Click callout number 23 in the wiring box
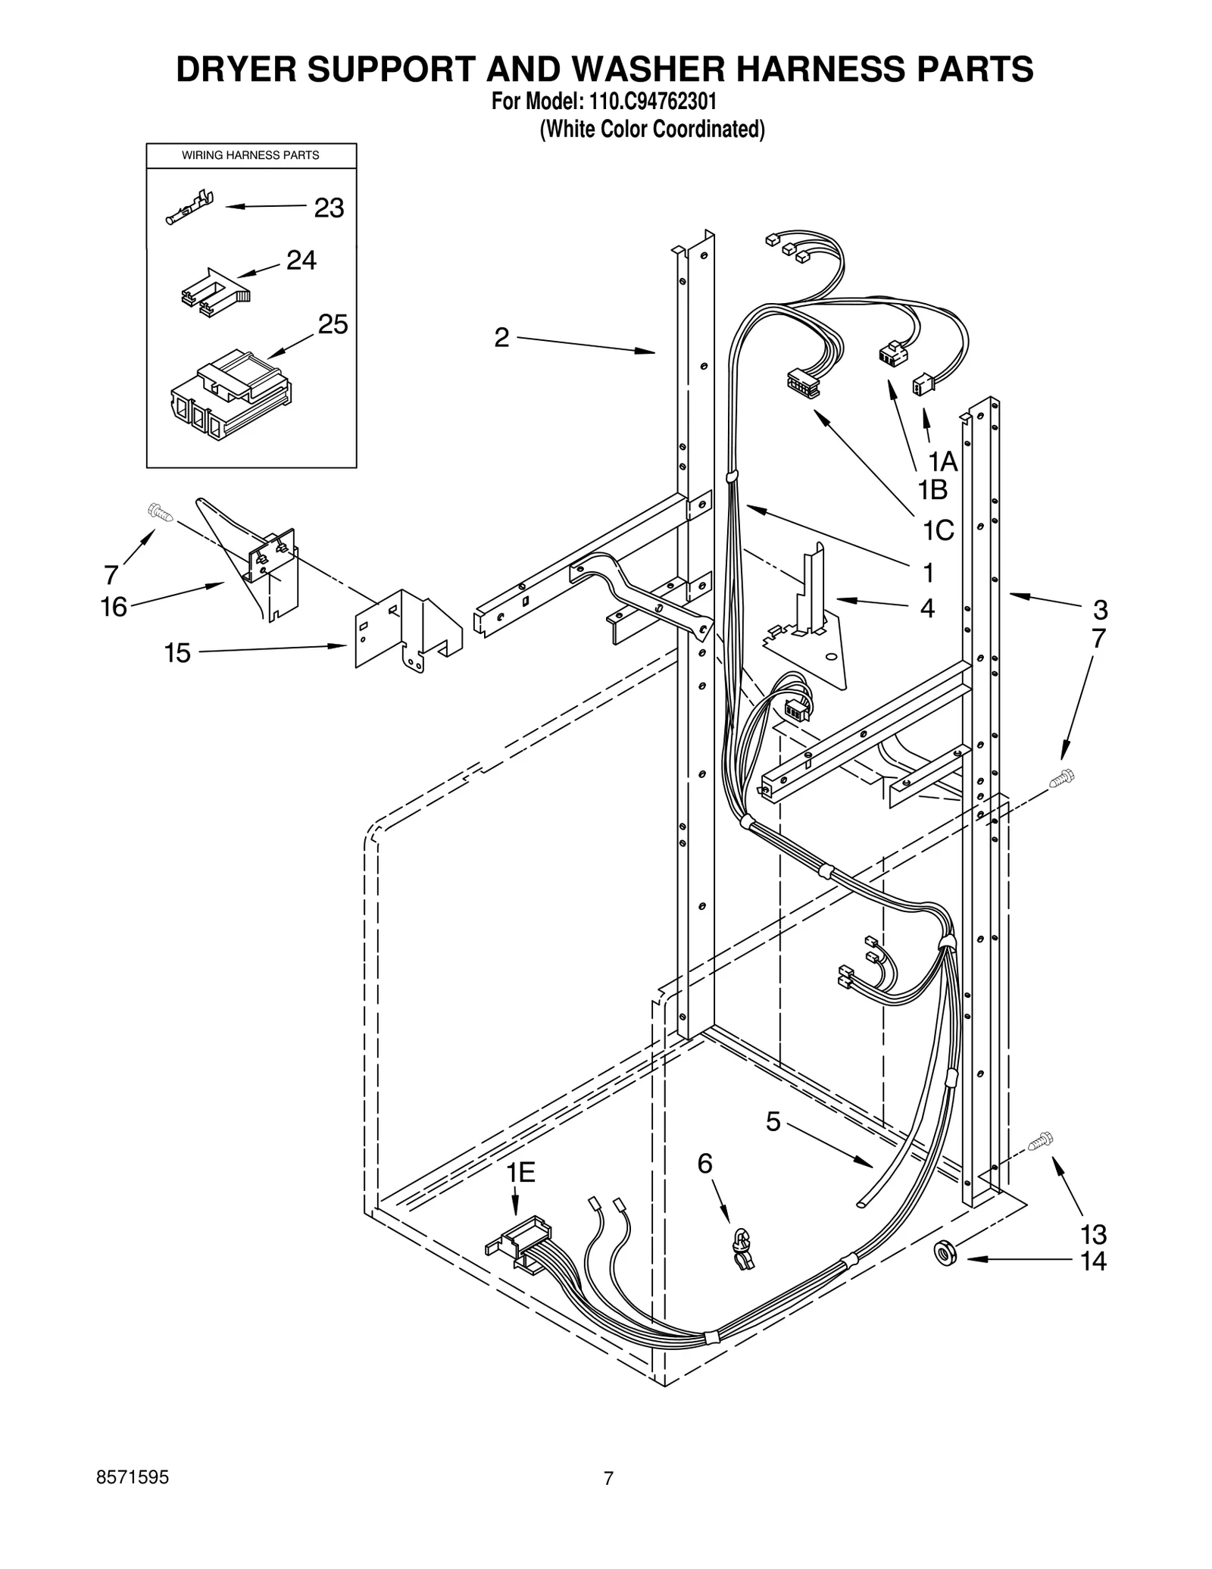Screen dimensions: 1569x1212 pyautogui.click(x=329, y=208)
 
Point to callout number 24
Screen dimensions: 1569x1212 pyautogui.click(x=301, y=261)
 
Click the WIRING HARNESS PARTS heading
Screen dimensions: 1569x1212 pyautogui.click(x=251, y=155)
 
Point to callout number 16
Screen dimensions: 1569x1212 pyautogui.click(x=114, y=607)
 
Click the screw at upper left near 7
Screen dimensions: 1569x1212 pyautogui.click(x=161, y=513)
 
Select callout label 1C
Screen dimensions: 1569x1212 pyautogui.click(x=938, y=531)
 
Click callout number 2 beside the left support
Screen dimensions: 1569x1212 pyautogui.click(x=501, y=338)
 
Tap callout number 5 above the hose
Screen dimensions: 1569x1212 pyautogui.click(x=773, y=1142)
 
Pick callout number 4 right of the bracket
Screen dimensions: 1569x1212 pyautogui.click(x=927, y=608)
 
